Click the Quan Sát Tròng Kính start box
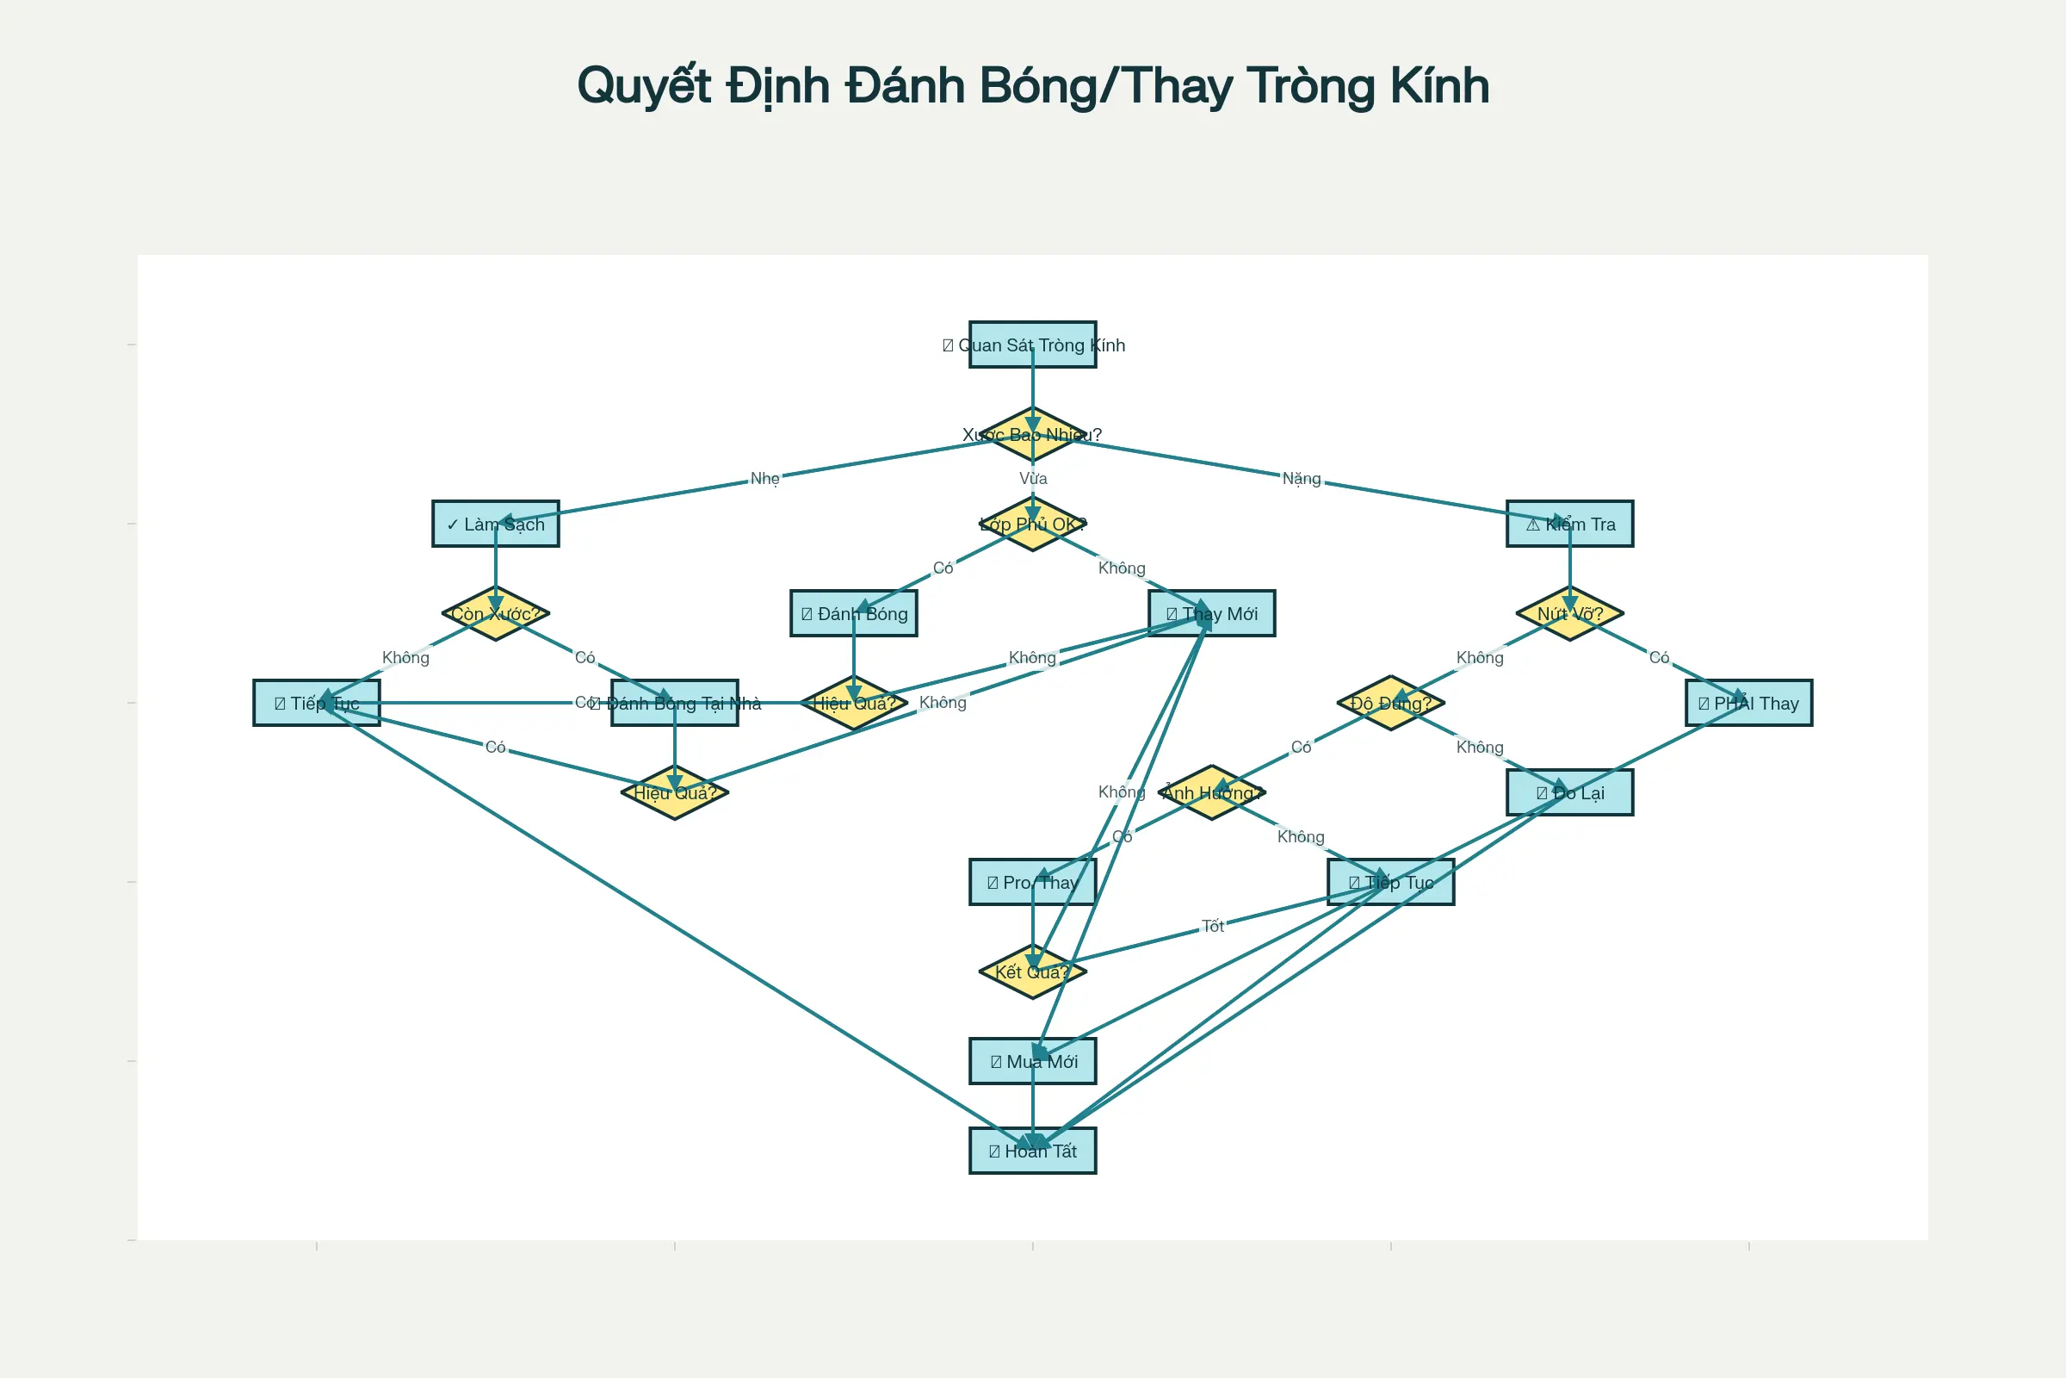click(x=1032, y=344)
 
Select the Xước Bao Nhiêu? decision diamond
click(x=1032, y=434)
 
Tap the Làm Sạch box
click(x=496, y=524)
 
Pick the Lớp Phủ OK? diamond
click(x=1032, y=524)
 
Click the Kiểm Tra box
click(x=1569, y=524)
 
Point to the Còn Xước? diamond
click(x=496, y=613)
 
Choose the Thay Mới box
click(x=1211, y=613)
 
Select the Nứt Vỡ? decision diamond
click(x=1569, y=613)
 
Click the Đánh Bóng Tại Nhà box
click(x=675, y=703)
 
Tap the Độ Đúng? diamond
click(x=1390, y=703)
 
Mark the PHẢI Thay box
click(x=1749, y=703)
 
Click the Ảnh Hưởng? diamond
click(x=1211, y=792)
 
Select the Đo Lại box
click(x=1569, y=792)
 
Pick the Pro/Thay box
click(x=1032, y=882)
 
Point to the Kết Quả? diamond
click(x=1032, y=972)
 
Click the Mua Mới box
click(x=1032, y=1062)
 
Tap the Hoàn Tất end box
click(x=1032, y=1151)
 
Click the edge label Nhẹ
click(x=764, y=479)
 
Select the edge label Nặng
click(x=1301, y=479)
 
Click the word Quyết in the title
click(x=644, y=86)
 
